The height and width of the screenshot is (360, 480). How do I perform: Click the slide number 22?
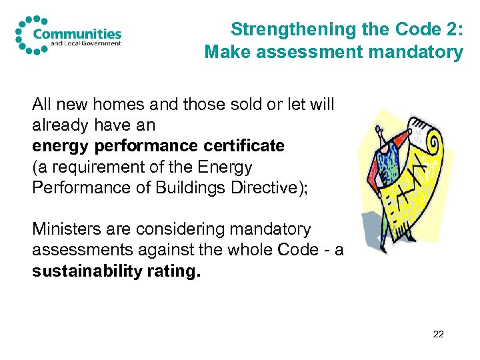pos(438,334)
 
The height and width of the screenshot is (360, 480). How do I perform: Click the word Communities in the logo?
pos(77,33)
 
